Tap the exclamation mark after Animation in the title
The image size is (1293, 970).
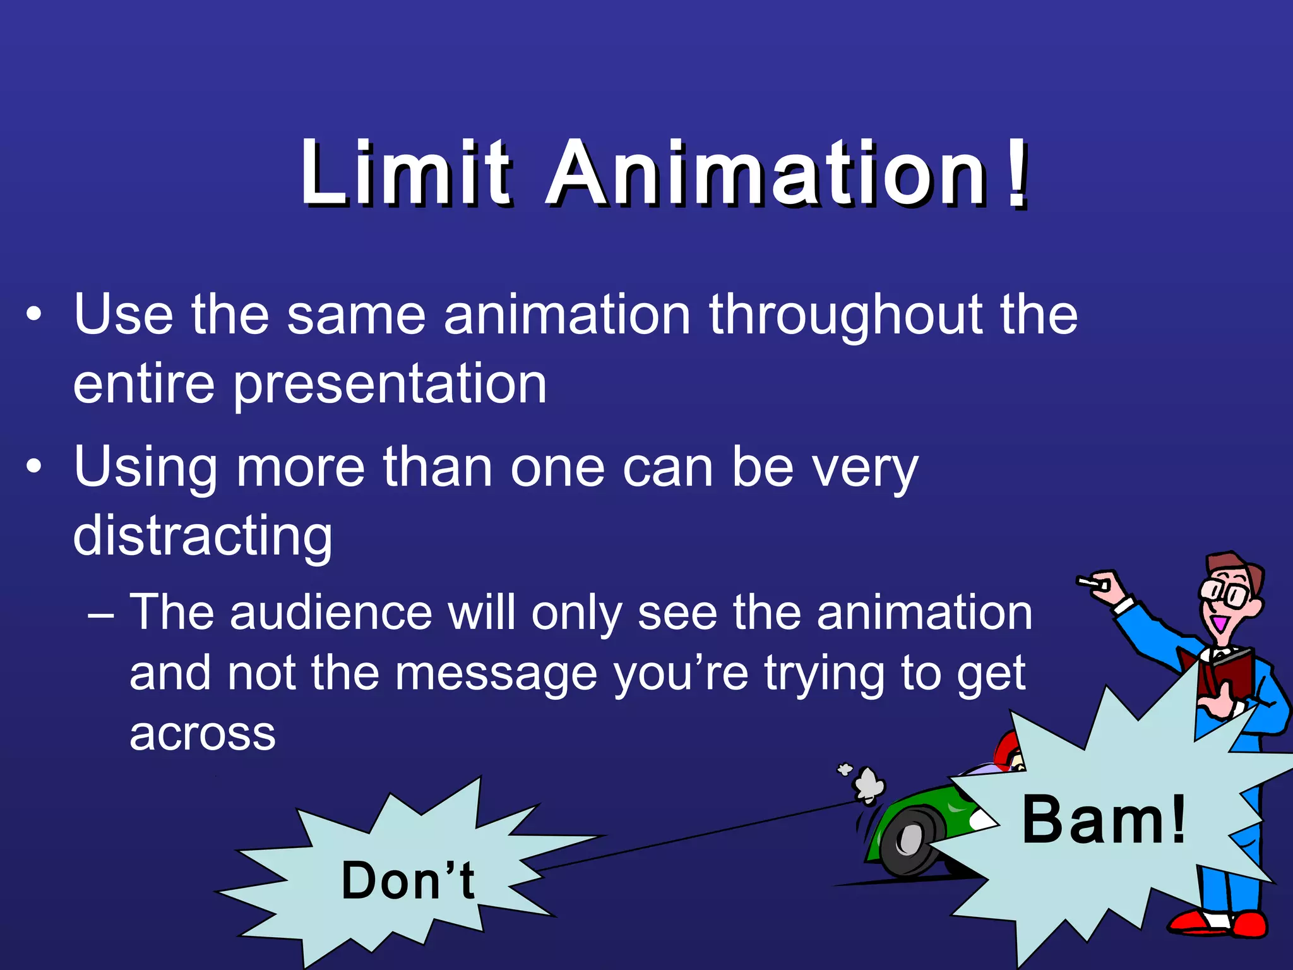(x=1016, y=174)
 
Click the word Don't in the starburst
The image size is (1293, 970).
(x=408, y=880)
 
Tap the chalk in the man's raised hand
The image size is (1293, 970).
(x=1087, y=581)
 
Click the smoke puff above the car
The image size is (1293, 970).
(x=868, y=784)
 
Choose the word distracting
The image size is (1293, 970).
(x=203, y=536)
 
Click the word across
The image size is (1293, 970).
(x=203, y=734)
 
